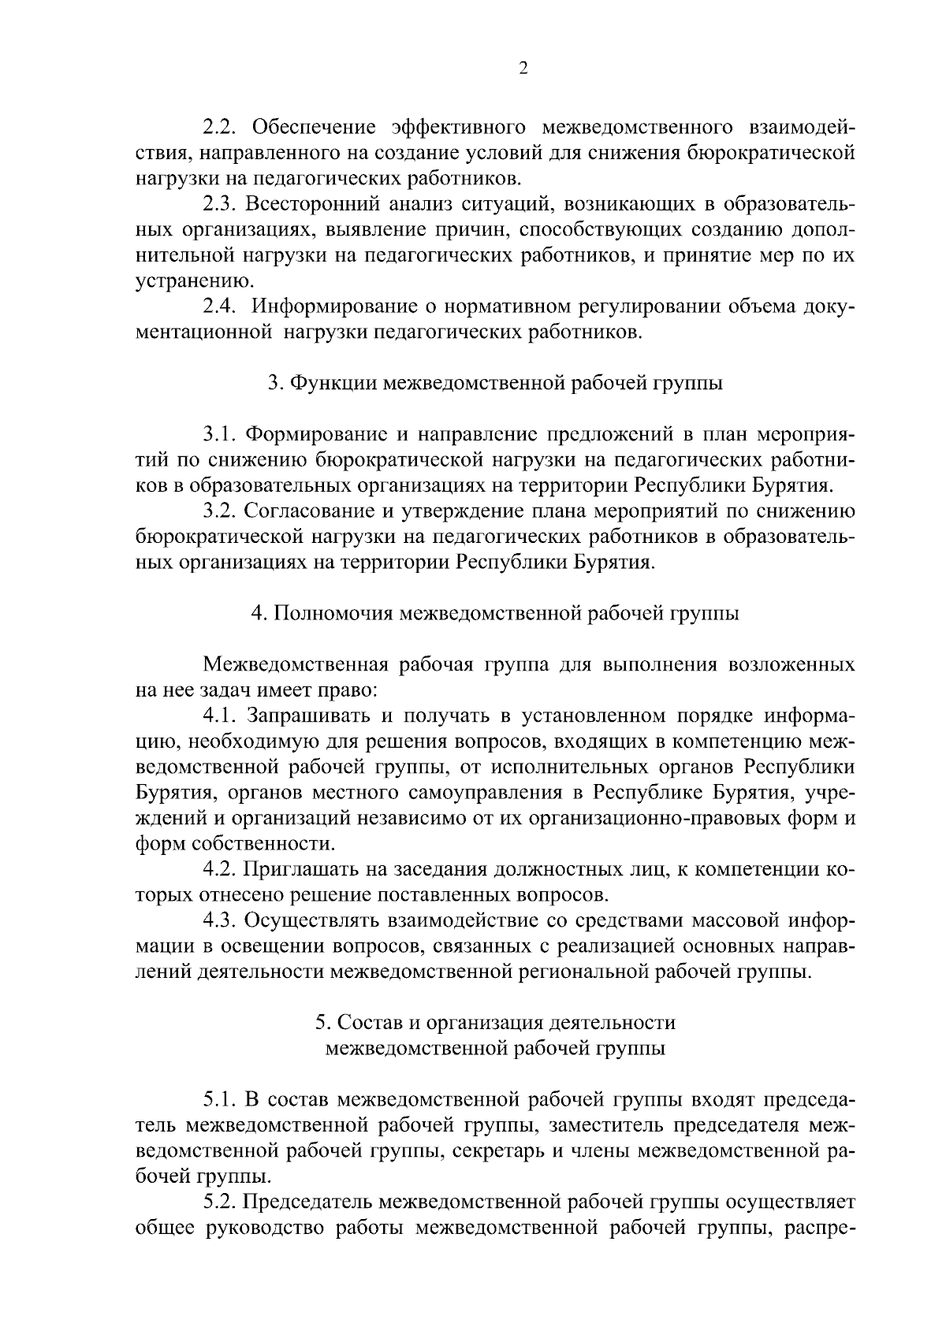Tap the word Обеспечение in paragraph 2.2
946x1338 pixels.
pos(315,127)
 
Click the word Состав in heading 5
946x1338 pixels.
pos(365,1023)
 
